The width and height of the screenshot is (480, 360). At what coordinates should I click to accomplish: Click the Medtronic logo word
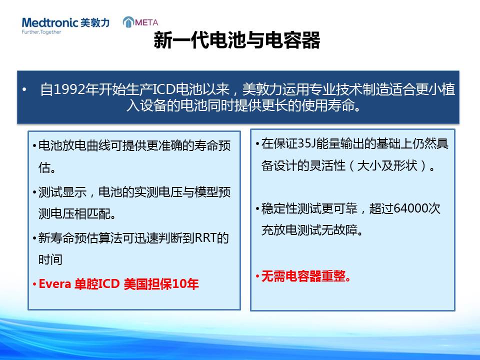pos(50,22)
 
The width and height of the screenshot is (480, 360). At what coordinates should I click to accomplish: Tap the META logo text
pos(146,22)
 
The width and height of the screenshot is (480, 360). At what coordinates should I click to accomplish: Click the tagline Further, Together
pos(41,32)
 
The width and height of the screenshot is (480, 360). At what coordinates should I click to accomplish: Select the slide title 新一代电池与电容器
pos(236,40)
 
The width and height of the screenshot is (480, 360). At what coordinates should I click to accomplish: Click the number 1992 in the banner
pos(69,89)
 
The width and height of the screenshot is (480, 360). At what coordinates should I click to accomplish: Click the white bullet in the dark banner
pos(24,89)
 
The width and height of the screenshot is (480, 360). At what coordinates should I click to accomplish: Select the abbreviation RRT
pos(205,238)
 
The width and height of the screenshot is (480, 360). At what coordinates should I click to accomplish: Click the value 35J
pos(306,143)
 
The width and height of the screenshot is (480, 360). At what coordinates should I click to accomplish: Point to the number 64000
pos(410,208)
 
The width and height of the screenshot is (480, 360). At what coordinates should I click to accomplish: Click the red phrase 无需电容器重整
pos(303,276)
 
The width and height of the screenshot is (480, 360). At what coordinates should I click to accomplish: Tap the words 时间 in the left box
pos(50,259)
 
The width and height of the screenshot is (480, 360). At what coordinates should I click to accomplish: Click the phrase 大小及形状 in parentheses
pos(387,165)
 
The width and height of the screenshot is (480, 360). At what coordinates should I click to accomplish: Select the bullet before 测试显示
pos(34,192)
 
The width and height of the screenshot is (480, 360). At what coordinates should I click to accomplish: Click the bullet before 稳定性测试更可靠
pos(257,209)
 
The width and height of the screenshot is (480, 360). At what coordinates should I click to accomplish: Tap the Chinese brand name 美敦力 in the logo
pos(95,22)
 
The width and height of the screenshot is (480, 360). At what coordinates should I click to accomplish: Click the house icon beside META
pos(128,22)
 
